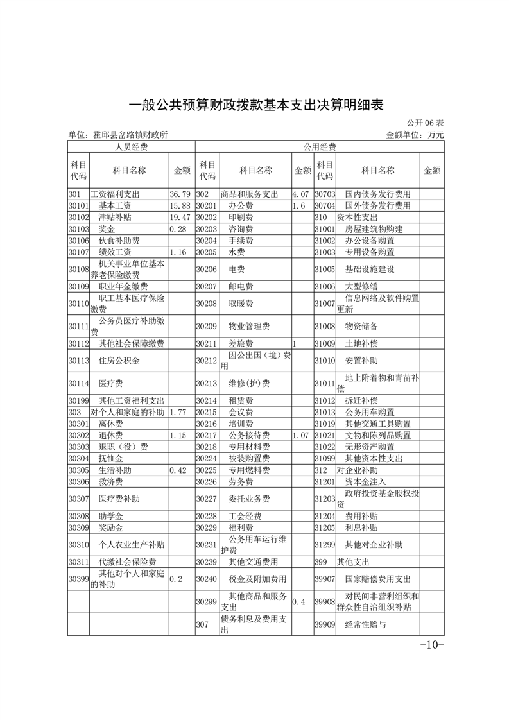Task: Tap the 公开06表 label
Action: click(x=425, y=123)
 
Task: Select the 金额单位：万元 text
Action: click(x=415, y=135)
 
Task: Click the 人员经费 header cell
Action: click(x=131, y=147)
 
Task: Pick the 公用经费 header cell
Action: click(x=319, y=147)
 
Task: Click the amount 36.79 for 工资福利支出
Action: click(x=180, y=194)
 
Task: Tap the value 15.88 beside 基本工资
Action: click(x=180, y=205)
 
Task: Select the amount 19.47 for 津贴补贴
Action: click(x=180, y=218)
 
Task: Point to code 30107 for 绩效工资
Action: click(x=78, y=252)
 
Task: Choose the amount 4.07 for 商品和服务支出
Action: click(x=301, y=194)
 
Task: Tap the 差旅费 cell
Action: click(x=241, y=343)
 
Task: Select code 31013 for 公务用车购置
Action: click(x=325, y=412)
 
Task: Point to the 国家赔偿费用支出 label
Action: click(x=377, y=579)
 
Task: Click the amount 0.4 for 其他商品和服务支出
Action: click(x=299, y=602)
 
